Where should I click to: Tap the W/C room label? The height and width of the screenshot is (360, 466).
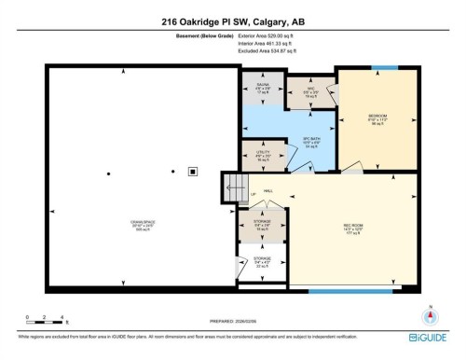click(x=314, y=91)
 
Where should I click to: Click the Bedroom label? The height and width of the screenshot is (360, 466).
click(x=377, y=118)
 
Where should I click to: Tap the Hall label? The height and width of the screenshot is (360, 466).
click(x=267, y=190)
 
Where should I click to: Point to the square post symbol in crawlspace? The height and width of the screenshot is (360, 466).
click(x=193, y=171)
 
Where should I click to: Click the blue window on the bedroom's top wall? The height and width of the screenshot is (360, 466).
click(x=384, y=67)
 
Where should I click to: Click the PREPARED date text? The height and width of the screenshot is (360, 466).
click(x=236, y=325)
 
